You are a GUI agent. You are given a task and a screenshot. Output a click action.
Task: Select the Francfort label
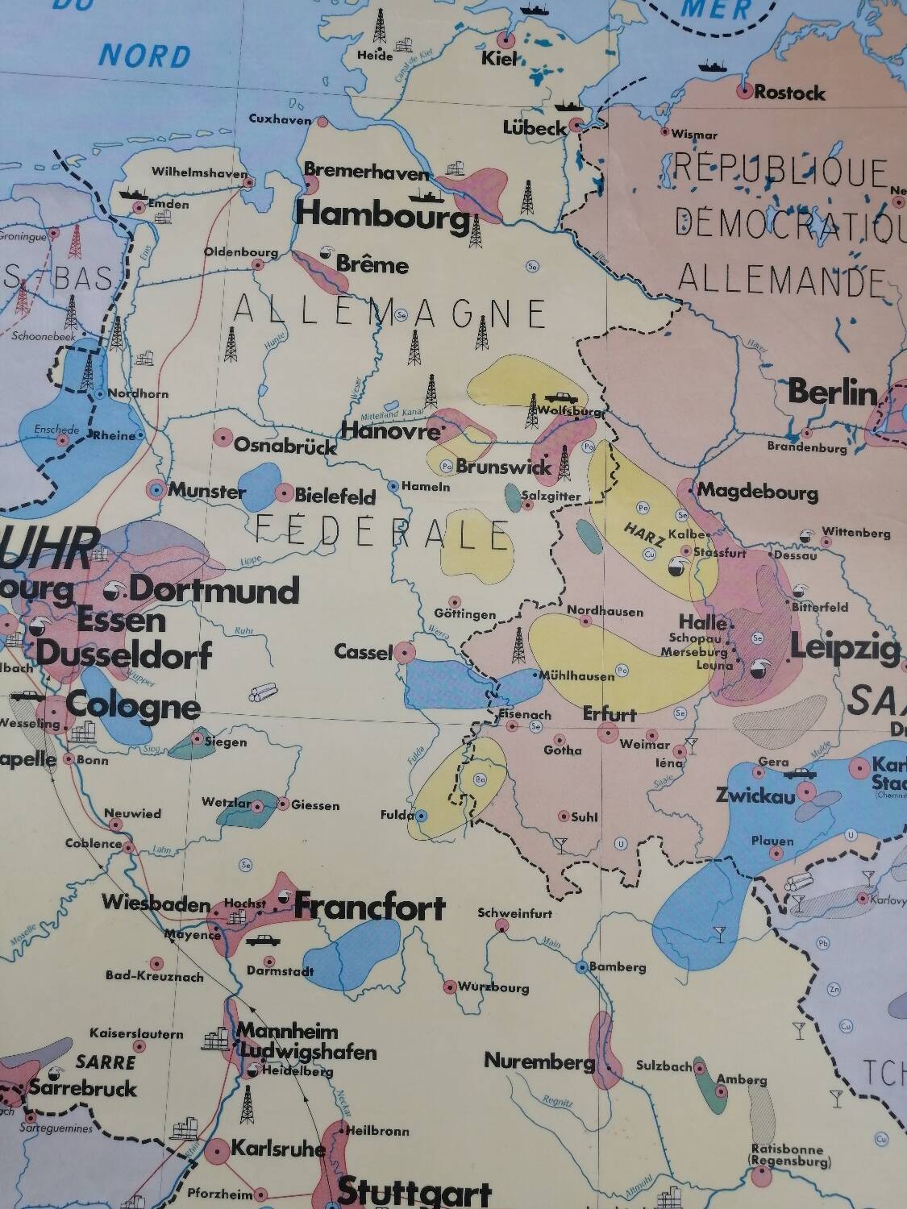pyautogui.click(x=369, y=907)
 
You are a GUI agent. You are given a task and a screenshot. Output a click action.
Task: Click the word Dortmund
pyautogui.click(x=214, y=590)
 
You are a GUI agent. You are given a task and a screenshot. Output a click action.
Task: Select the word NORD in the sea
pyautogui.click(x=145, y=56)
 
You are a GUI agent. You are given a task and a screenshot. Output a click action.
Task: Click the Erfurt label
pyautogui.click(x=610, y=713)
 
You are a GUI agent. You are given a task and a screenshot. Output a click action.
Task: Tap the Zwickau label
pyautogui.click(x=755, y=795)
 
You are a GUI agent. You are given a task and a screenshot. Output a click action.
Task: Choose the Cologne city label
pyautogui.click(x=133, y=706)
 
